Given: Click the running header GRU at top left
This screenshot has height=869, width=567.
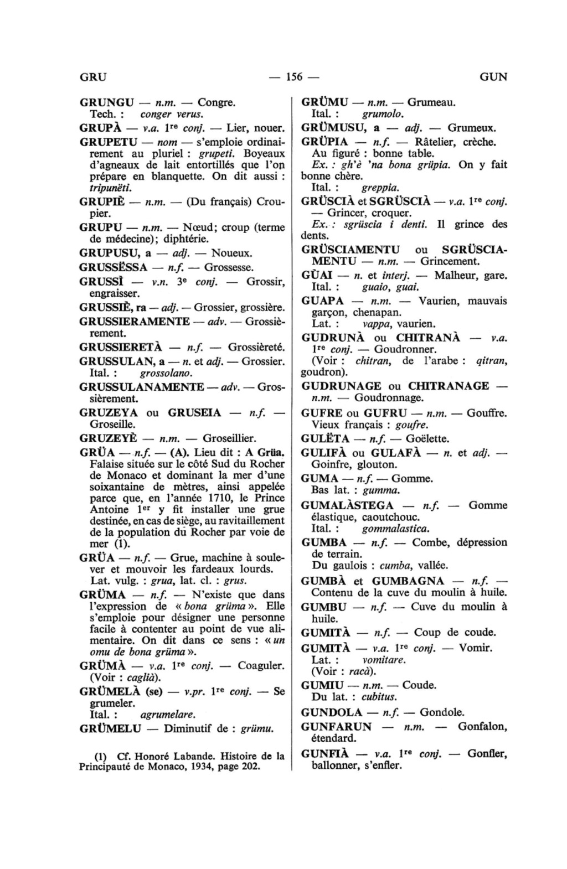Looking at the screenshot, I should pyautogui.click(x=92, y=77).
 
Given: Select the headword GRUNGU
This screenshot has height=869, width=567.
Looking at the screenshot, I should pyautogui.click(x=107, y=103).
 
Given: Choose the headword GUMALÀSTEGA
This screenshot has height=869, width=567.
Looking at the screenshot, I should pyautogui.click(x=347, y=505).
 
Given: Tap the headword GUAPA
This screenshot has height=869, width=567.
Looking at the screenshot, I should pyautogui.click(x=323, y=301).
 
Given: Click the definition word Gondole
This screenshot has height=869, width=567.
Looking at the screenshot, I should pyautogui.click(x=442, y=712).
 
